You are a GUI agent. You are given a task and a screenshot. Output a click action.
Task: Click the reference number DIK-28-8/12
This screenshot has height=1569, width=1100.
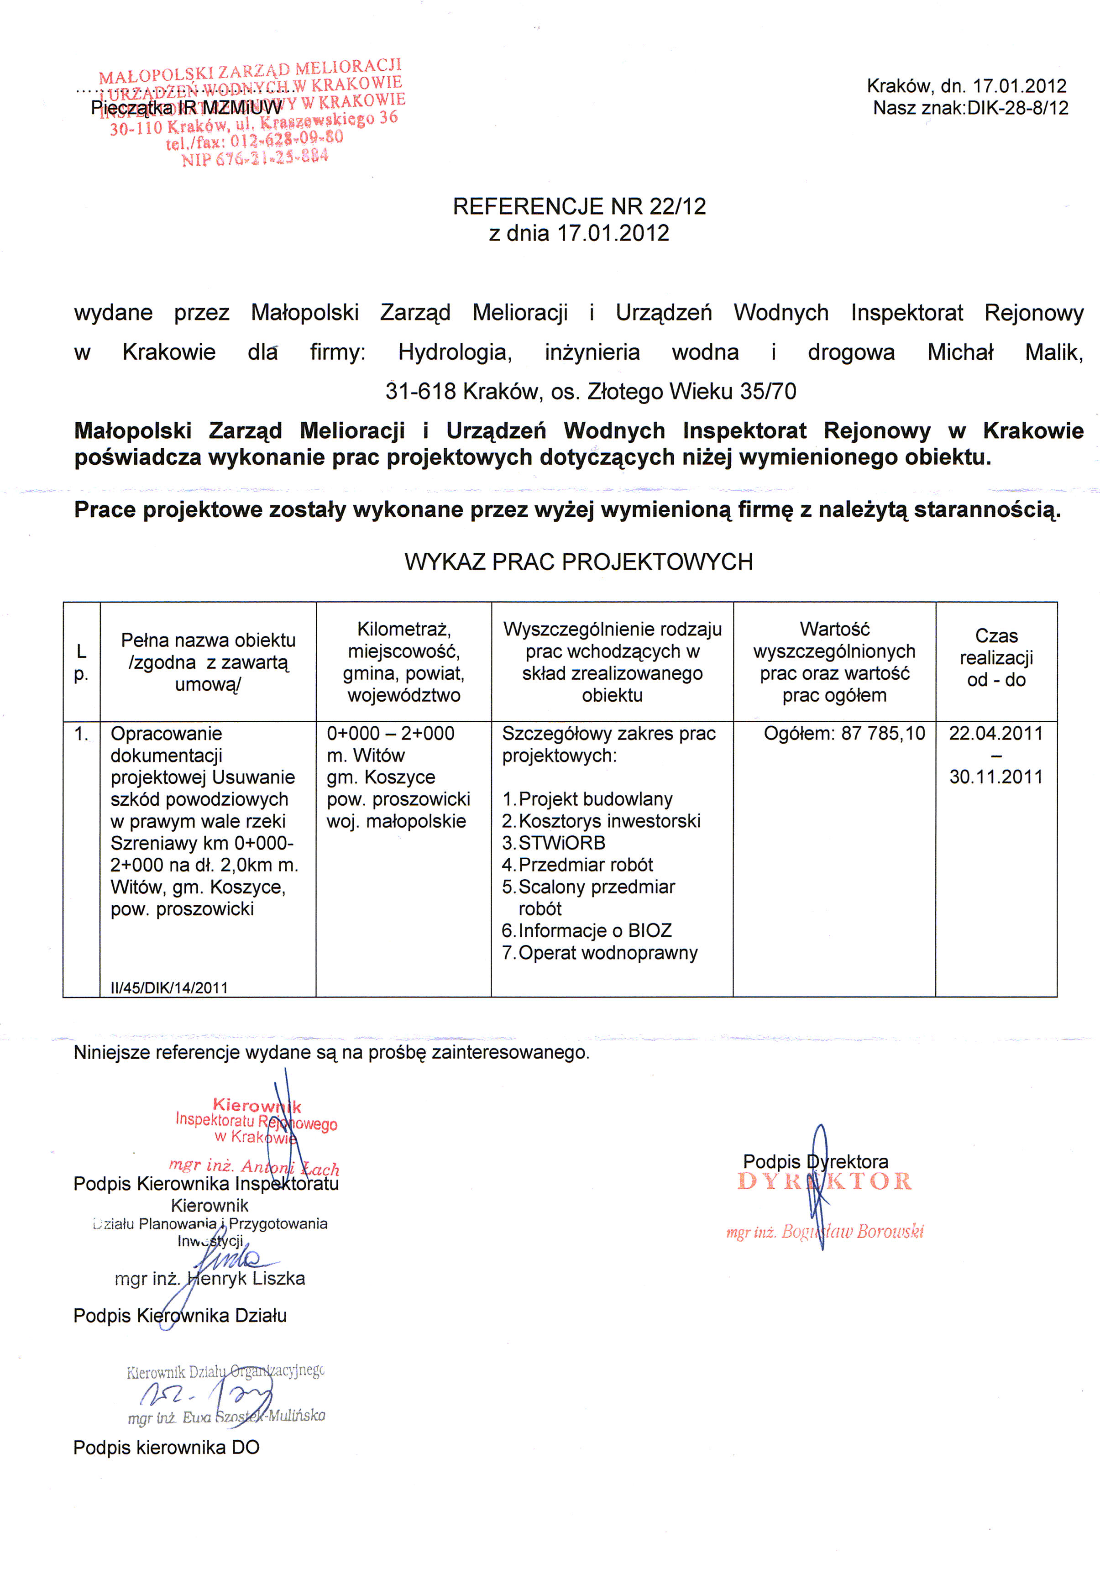[x=1017, y=108]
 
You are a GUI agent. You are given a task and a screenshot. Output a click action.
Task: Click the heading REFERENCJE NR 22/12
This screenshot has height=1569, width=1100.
[x=579, y=206]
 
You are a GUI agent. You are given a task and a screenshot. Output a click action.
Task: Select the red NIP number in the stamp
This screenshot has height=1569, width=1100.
[x=255, y=157]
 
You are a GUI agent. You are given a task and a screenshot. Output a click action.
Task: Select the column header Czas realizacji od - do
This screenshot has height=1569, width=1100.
[x=995, y=657]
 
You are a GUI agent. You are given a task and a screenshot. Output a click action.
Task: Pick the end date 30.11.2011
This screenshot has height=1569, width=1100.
[x=995, y=777]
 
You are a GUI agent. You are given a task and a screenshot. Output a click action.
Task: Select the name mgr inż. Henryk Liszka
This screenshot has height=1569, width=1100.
[x=210, y=1279]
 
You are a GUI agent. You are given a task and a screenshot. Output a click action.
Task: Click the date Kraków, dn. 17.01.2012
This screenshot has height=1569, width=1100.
[x=966, y=86]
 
